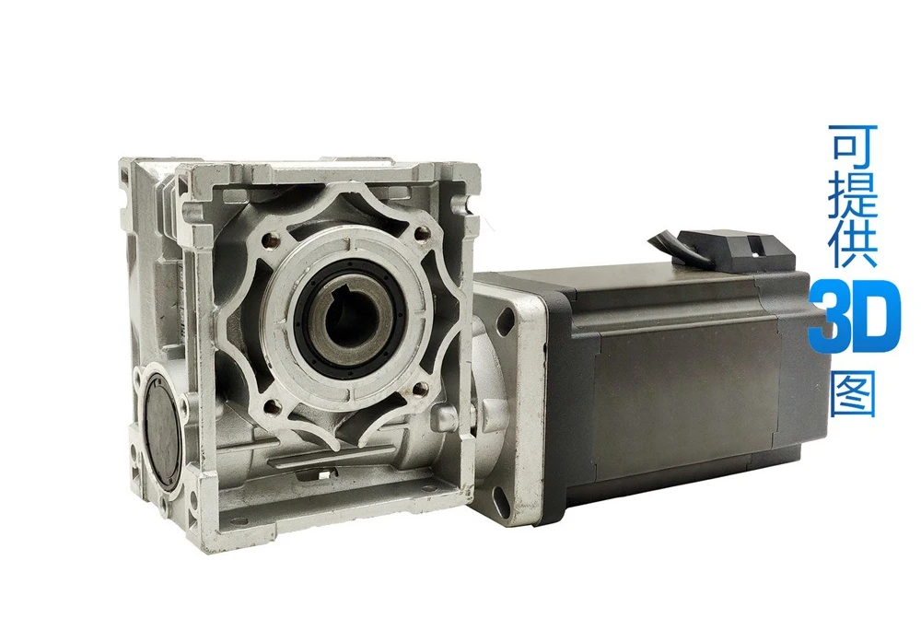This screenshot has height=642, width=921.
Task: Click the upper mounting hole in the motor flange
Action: pos(505,321)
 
